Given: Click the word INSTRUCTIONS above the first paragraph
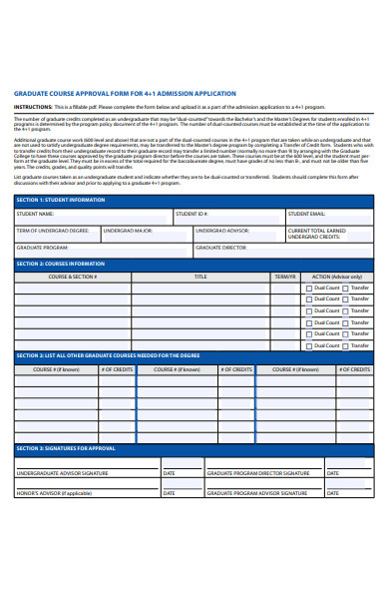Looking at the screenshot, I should coord(33,105).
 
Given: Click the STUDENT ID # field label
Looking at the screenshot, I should coord(192,214).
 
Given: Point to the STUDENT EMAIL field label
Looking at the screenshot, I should coord(306,214).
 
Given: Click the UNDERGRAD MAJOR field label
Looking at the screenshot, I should coord(129,230).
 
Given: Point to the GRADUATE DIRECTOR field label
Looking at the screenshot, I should coord(220,247).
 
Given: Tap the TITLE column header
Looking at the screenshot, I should coord(200,276).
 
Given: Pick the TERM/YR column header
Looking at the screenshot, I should coord(285,276).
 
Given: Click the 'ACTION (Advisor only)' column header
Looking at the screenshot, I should coord(337,276).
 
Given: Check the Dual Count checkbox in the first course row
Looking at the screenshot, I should coord(310,287).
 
